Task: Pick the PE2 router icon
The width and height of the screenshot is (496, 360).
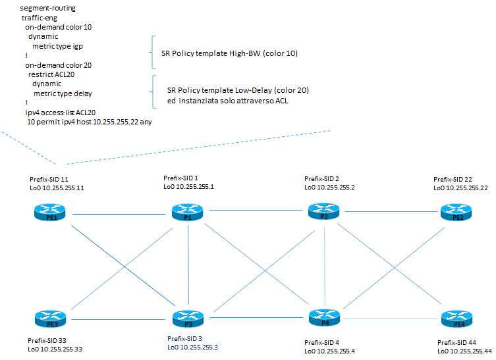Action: [458, 213]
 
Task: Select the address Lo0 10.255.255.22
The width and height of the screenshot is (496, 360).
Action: [460, 188]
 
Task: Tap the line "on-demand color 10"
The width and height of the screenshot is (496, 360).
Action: [58, 28]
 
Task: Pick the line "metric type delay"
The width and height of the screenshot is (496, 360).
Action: [63, 93]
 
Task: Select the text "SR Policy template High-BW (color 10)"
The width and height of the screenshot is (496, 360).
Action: [229, 53]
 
